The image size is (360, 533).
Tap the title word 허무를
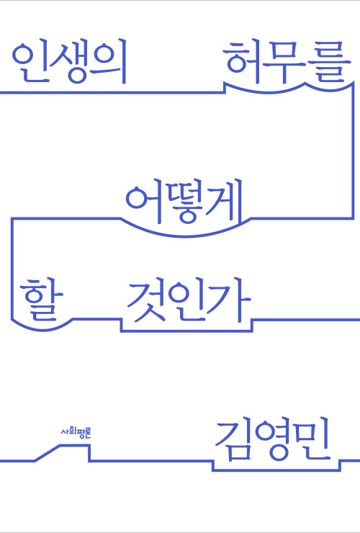pos(288,62)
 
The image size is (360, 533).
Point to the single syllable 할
pos(41,299)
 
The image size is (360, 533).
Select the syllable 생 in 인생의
pos(70,63)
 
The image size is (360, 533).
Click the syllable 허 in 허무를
pos(243,62)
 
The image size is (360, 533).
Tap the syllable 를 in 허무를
pos(330,63)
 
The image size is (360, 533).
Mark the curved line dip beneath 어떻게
pos(186,236)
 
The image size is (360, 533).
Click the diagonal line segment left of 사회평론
pos(48,453)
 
